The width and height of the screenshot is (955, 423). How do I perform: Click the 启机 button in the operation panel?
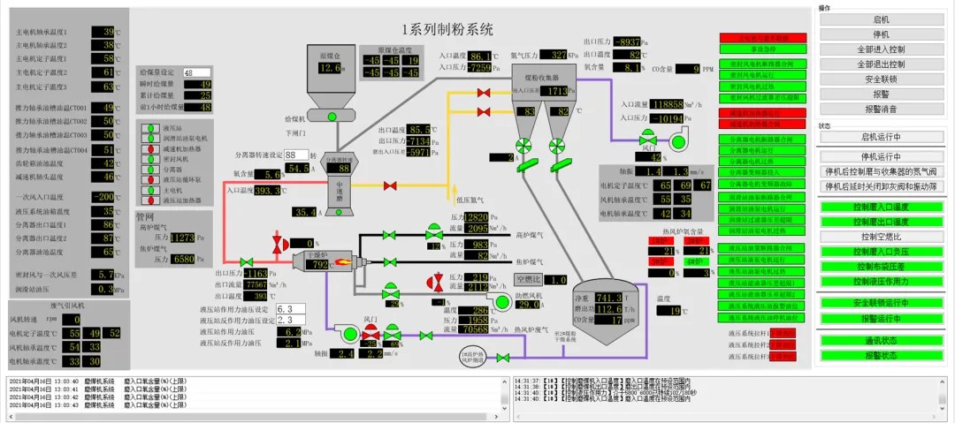coord(881,19)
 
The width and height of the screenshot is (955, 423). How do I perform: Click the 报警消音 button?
coord(881,109)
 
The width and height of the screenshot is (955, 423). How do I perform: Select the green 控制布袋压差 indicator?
coord(881,266)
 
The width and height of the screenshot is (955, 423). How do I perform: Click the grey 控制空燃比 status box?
coord(881,237)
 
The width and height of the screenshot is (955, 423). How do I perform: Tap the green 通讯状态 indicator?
coord(881,340)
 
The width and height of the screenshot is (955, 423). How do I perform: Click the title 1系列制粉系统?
coord(447,30)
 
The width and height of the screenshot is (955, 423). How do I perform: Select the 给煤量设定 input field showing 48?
coord(197,72)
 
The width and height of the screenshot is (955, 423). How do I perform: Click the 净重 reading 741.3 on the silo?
coord(609,298)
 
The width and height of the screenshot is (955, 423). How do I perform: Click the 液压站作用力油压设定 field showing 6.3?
coord(290,310)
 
